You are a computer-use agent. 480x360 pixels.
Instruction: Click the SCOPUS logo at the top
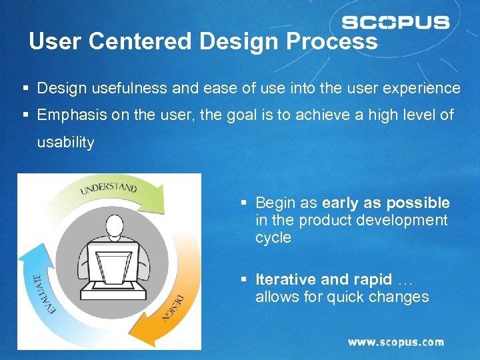[395, 23]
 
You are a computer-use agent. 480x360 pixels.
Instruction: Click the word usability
[65, 142]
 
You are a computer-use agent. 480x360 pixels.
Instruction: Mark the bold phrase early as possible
[386, 203]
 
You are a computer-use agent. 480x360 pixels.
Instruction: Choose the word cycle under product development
[273, 238]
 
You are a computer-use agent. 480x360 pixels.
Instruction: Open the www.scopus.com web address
[395, 342]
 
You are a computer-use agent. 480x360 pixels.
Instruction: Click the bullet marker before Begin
[245, 203]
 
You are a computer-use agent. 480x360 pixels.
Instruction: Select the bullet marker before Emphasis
[25, 115]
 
